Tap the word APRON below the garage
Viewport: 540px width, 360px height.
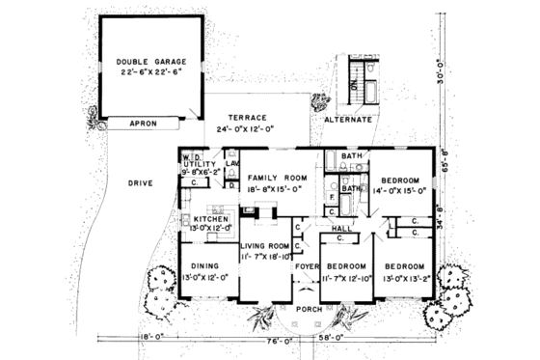point(141,124)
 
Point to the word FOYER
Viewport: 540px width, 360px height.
point(307,265)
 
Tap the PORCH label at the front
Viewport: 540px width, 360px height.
point(309,310)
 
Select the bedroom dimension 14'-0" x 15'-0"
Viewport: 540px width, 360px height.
point(398,191)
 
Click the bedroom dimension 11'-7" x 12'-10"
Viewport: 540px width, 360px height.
point(345,277)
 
